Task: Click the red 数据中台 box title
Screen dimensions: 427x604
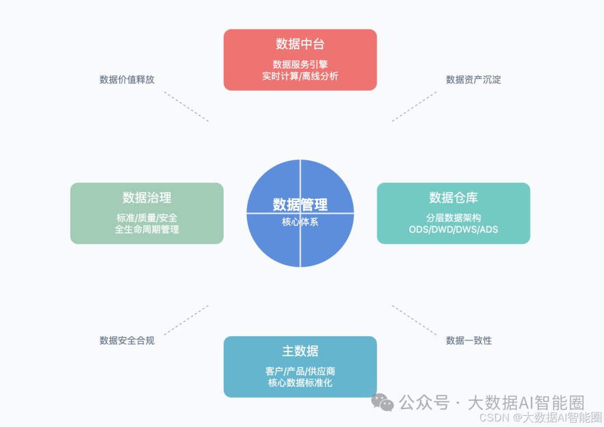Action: click(x=300, y=44)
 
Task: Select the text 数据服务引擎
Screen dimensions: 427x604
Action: click(x=300, y=64)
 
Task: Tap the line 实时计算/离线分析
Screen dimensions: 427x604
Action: click(x=300, y=76)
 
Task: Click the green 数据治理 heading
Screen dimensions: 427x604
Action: click(x=147, y=198)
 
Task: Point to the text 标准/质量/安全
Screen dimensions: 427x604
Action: click(x=147, y=218)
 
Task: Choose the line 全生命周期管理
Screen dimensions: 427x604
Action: click(x=147, y=229)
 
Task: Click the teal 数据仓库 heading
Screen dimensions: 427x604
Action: click(x=453, y=198)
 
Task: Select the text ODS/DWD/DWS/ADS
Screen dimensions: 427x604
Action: click(x=453, y=229)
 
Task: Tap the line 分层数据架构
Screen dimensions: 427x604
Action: click(x=453, y=218)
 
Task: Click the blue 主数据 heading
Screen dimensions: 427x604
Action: click(x=300, y=351)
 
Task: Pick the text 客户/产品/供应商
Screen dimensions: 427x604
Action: click(x=300, y=372)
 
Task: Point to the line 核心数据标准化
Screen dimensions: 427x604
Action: click(x=300, y=383)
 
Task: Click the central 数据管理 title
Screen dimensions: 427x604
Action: click(x=300, y=205)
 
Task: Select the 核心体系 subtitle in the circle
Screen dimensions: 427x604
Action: click(x=300, y=222)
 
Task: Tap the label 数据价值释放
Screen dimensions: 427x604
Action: click(x=127, y=79)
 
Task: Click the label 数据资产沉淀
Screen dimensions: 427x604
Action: click(x=473, y=79)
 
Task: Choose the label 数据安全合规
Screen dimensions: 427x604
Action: click(x=127, y=340)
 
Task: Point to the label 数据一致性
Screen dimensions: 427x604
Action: click(x=469, y=340)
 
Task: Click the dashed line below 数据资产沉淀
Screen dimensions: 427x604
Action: click(x=414, y=106)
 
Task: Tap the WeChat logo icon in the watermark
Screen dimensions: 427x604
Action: click(x=383, y=402)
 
